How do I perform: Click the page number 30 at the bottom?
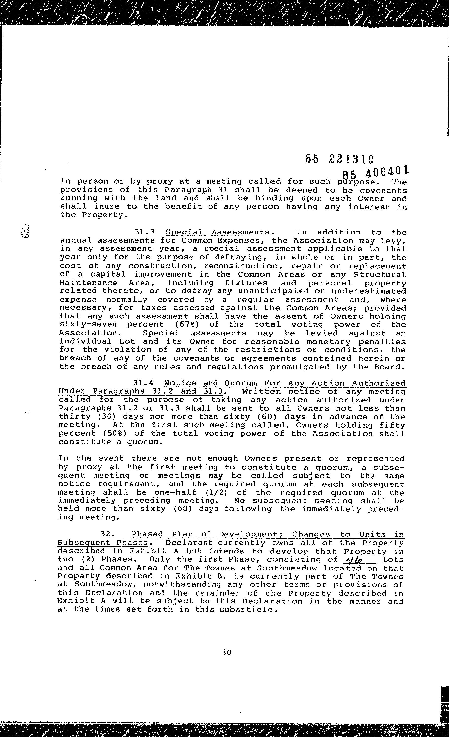pos(227,661)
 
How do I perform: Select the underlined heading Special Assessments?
pos(218,232)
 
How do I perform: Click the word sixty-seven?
pos(88,325)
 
